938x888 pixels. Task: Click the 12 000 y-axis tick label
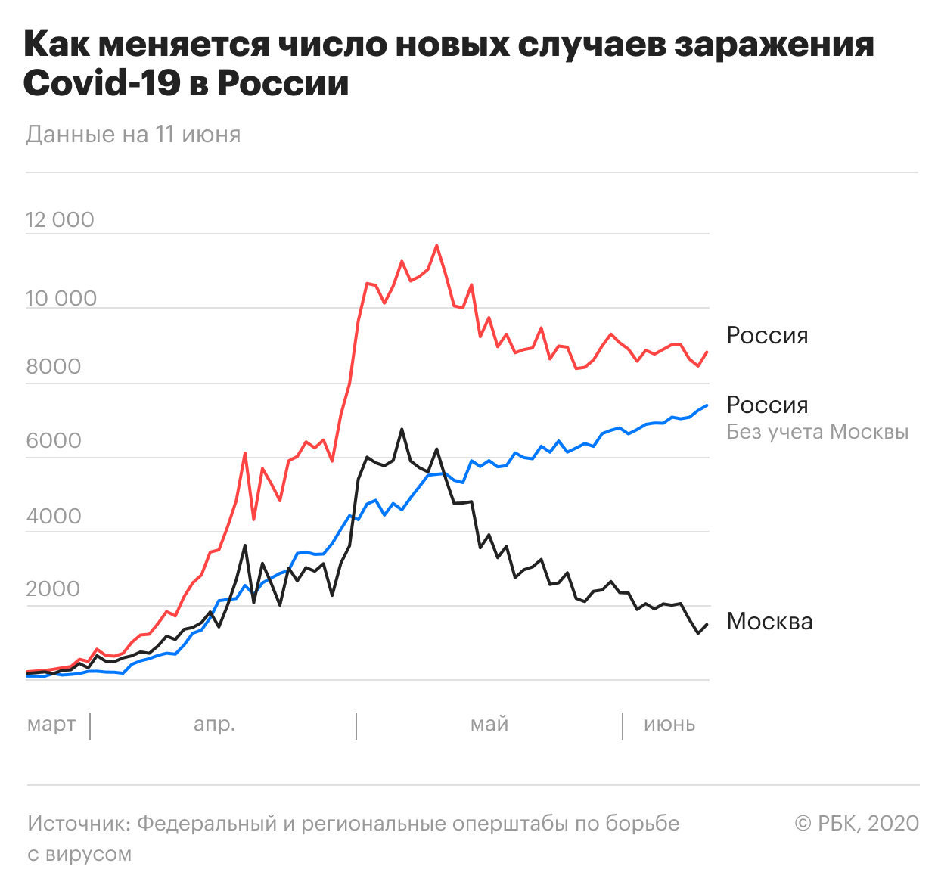coord(60,220)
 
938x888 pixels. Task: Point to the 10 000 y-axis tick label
coord(61,299)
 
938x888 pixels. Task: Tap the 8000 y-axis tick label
coord(54,366)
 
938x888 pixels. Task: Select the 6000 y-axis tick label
coord(54,440)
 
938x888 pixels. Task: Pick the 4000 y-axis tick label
coord(54,517)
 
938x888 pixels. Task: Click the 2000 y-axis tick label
coord(53,589)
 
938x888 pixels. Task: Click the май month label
coord(489,725)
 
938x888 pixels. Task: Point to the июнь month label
coord(669,725)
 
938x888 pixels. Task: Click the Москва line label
coord(769,622)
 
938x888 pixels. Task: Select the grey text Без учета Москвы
coord(817,433)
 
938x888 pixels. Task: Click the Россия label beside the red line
coord(767,335)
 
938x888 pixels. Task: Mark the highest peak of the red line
coord(436,246)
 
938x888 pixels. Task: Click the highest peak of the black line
coord(402,429)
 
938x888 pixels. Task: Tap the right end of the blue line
coord(707,405)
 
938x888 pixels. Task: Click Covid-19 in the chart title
coord(101,83)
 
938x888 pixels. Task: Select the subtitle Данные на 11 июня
coord(133,135)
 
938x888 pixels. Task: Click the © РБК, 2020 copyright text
coord(856,824)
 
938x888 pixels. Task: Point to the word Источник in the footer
coord(79,824)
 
